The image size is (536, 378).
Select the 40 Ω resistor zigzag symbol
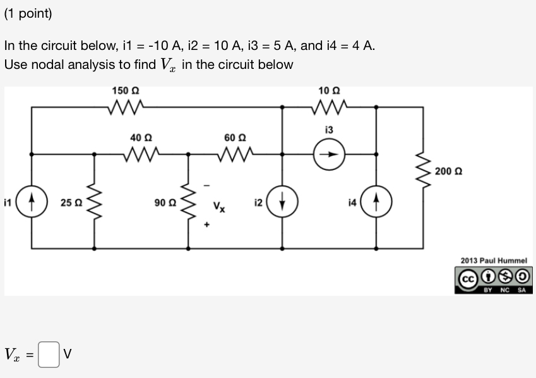(141, 153)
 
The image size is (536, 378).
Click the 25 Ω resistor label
(71, 202)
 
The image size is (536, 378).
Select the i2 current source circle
(282, 202)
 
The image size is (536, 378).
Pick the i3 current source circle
(330, 153)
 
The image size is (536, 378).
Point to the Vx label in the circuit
(218, 206)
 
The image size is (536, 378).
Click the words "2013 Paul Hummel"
(493, 260)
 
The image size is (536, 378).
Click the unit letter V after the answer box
(68, 355)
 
